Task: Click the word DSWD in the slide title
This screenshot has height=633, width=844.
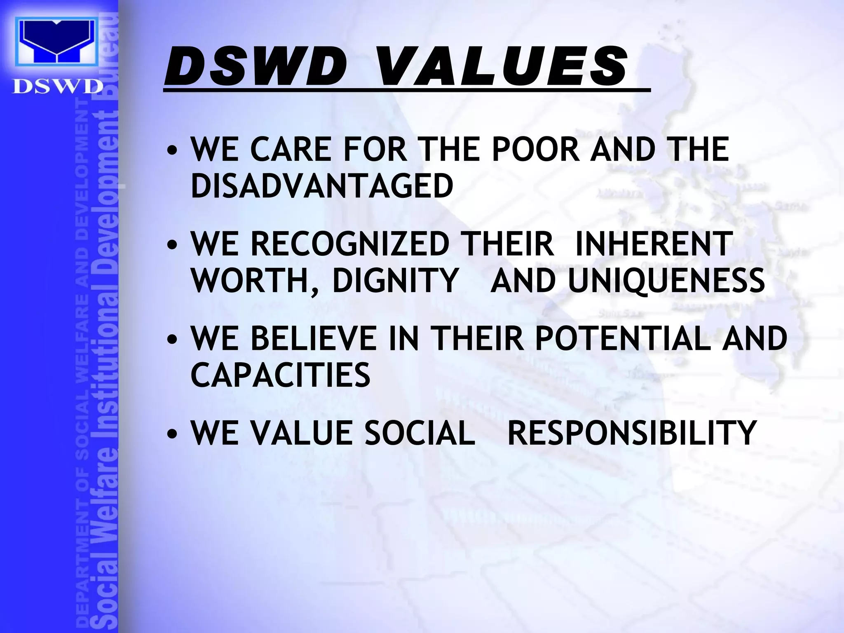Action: click(256, 67)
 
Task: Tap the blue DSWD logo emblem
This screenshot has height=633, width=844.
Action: click(57, 41)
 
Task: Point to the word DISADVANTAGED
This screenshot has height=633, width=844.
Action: click(322, 186)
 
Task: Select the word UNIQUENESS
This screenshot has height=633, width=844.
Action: click(666, 281)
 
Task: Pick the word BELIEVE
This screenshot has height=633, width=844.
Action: click(313, 338)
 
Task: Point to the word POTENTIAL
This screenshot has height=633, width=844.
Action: click(623, 338)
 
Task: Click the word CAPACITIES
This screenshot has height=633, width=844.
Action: click(280, 375)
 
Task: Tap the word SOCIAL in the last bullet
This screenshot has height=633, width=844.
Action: click(420, 433)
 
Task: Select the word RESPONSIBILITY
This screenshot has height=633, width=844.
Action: click(632, 433)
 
